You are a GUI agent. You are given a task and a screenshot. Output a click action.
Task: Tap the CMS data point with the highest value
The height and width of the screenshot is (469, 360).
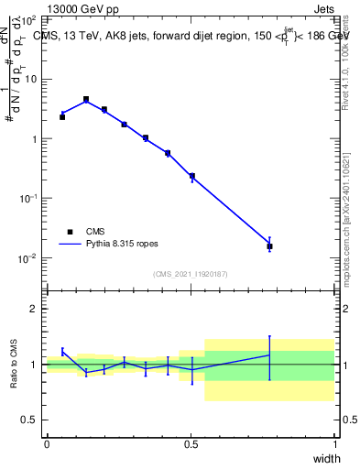tap(86, 99)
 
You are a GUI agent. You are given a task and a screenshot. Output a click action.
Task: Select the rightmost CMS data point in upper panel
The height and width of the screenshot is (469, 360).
tap(269, 246)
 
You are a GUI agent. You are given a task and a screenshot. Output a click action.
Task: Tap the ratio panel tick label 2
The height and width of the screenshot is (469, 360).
tap(35, 309)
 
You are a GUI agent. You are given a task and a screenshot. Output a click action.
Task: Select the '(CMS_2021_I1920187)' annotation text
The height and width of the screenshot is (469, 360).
tap(191, 274)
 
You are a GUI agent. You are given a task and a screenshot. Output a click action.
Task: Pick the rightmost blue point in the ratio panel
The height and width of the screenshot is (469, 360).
tap(269, 354)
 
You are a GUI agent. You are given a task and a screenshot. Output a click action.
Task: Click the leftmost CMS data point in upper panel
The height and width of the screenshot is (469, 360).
tap(62, 117)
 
